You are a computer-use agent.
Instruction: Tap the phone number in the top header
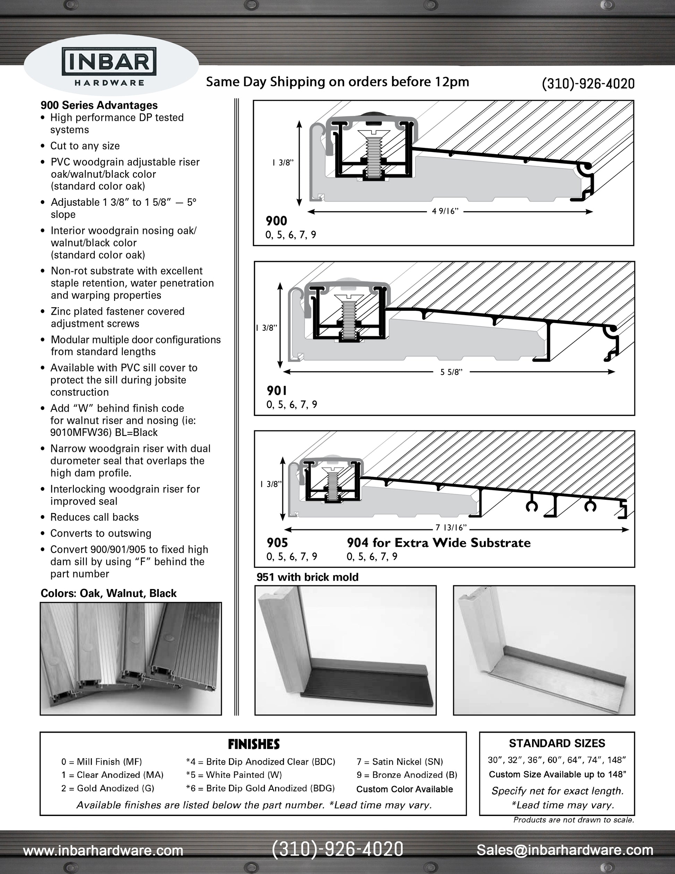(x=588, y=83)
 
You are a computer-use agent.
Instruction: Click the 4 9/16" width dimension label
(x=445, y=211)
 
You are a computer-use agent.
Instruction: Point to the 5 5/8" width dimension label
(x=452, y=372)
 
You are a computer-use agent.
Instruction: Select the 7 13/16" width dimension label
(x=451, y=528)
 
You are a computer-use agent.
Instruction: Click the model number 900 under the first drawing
(x=276, y=221)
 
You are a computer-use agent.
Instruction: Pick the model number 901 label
(x=277, y=390)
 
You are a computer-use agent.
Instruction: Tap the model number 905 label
(x=277, y=543)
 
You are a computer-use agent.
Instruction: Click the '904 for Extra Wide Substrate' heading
(x=439, y=543)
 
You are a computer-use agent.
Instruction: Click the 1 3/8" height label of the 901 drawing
(x=266, y=328)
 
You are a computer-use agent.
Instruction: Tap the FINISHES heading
(x=254, y=744)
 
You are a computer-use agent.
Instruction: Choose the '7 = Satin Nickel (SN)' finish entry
(x=400, y=762)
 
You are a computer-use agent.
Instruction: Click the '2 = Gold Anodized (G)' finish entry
(x=108, y=788)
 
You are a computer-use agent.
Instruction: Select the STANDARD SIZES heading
(x=557, y=743)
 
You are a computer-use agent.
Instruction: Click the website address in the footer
(x=103, y=850)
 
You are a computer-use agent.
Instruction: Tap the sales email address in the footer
(x=565, y=850)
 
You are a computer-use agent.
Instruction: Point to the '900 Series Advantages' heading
(x=99, y=105)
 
